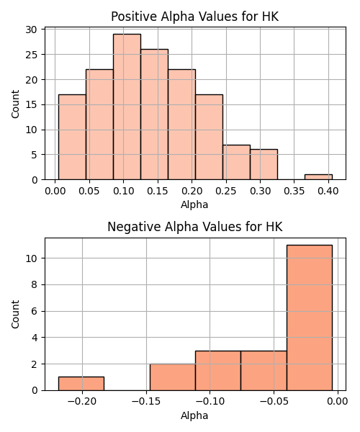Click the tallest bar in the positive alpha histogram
click(x=127, y=107)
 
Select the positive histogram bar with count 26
click(x=154, y=114)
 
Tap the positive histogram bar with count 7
click(x=236, y=162)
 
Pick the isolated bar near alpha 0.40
click(x=318, y=177)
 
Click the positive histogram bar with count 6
click(x=264, y=164)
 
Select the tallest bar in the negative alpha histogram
click(x=310, y=318)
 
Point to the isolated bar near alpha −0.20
click(x=81, y=384)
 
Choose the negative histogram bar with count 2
click(x=173, y=377)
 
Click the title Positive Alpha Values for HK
click(x=194, y=17)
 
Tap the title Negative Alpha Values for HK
click(x=194, y=227)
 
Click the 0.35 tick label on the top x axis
click(x=294, y=191)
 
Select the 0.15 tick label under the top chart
click(x=158, y=191)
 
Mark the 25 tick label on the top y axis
click(x=31, y=55)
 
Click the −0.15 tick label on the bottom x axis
click(x=146, y=401)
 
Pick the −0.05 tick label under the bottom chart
click(x=274, y=401)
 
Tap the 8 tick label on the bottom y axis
click(x=34, y=284)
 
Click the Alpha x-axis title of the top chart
click(x=194, y=204)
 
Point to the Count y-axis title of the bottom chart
click(x=15, y=314)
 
